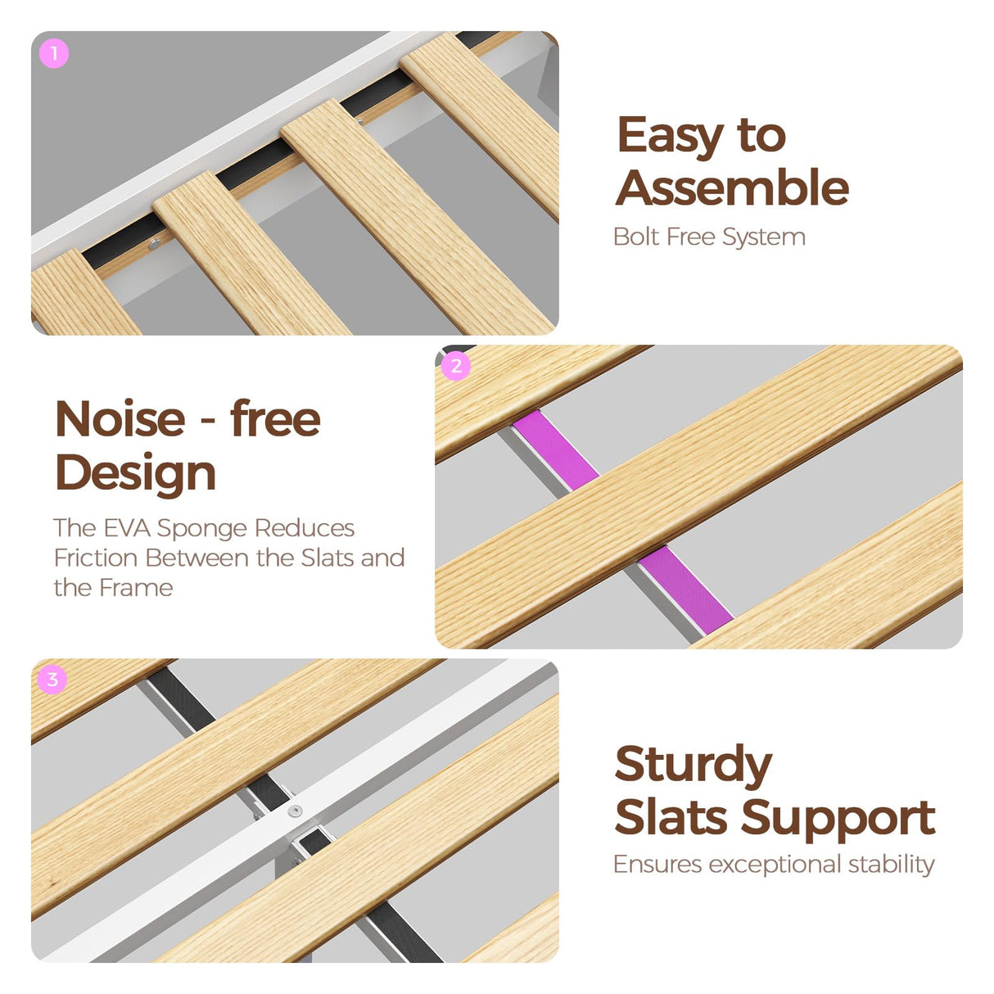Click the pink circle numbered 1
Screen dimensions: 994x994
54,53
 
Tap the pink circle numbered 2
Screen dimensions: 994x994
456,366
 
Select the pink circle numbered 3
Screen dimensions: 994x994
52,680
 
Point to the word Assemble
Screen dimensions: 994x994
732,188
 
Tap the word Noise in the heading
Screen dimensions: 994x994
120,418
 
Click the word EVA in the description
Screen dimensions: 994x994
127,528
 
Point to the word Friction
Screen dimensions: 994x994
95,558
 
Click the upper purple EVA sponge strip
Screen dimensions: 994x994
556,450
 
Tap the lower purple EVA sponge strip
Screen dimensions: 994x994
686,590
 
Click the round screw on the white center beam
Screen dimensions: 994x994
295,811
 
